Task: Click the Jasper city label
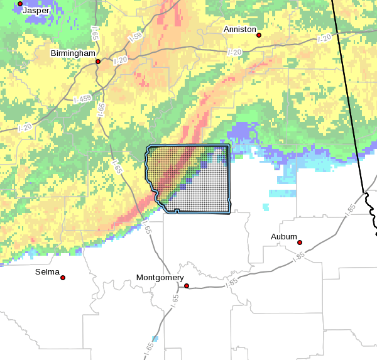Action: click(35, 11)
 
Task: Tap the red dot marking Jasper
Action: click(20, 4)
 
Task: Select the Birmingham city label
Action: click(73, 53)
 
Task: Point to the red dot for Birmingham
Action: click(98, 62)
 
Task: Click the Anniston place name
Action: click(240, 30)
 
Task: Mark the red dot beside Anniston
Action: click(259, 35)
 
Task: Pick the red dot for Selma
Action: click(63, 277)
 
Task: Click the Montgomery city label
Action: click(160, 278)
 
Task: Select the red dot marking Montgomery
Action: click(187, 286)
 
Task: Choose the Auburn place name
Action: click(284, 236)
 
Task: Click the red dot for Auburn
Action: click(300, 243)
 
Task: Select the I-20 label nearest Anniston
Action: click(234, 52)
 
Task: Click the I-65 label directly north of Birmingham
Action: click(94, 33)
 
